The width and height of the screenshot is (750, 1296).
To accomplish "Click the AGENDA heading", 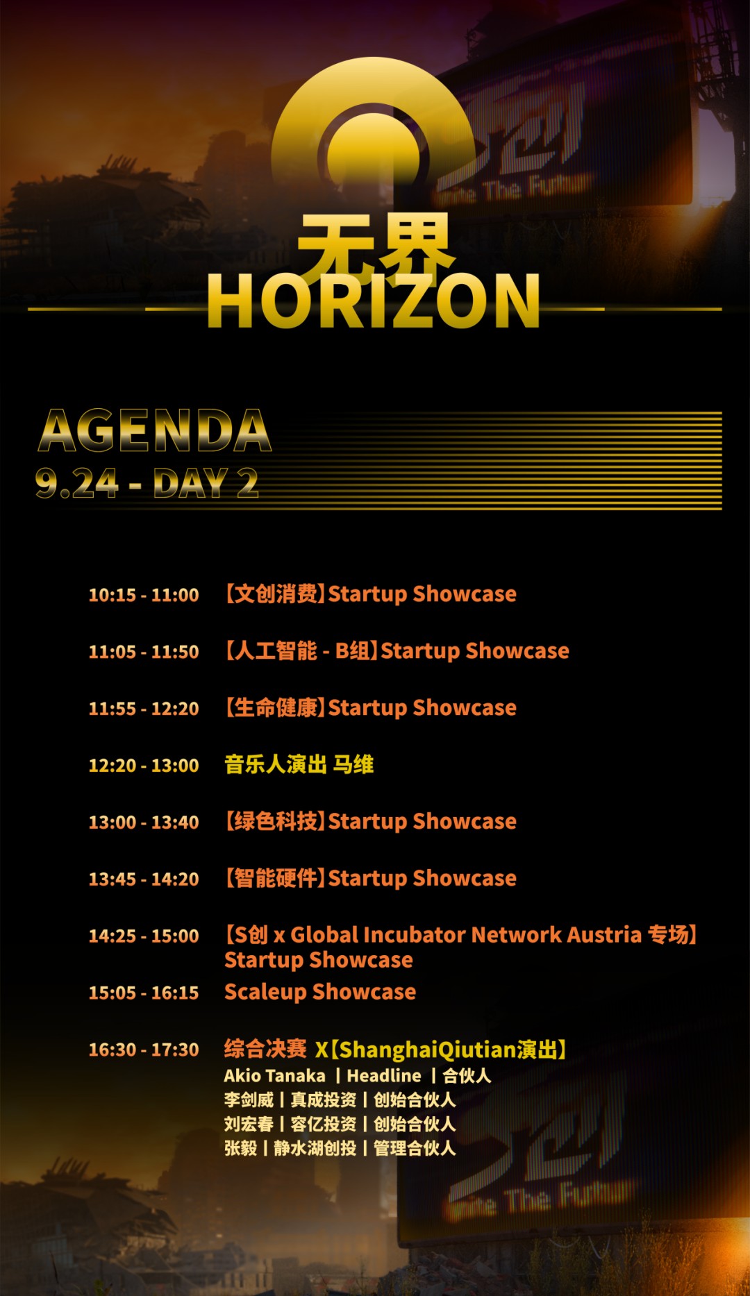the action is click(x=155, y=430).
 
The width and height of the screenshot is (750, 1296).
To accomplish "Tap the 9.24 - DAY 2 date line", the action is click(x=147, y=483).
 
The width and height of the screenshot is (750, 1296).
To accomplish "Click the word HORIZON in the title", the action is click(x=374, y=301).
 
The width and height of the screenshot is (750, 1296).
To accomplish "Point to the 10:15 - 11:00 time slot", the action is click(x=144, y=595).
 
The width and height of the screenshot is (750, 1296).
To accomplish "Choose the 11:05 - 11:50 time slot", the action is click(x=144, y=652).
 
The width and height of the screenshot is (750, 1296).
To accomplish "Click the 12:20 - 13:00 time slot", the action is click(x=144, y=766).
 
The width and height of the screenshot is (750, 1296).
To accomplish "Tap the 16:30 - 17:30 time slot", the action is click(x=144, y=1050).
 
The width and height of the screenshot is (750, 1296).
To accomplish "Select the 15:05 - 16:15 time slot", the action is click(x=144, y=993).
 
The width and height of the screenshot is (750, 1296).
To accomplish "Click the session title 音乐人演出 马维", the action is click(x=299, y=764).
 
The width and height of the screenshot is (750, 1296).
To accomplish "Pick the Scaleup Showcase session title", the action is click(x=320, y=992).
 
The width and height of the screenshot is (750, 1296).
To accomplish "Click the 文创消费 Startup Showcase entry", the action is click(x=370, y=594).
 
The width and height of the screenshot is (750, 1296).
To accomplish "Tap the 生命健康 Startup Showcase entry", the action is click(x=370, y=708).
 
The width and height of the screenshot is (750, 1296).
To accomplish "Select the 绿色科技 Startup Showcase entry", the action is click(x=370, y=822).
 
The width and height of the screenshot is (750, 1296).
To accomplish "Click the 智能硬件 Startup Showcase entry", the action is click(x=370, y=879).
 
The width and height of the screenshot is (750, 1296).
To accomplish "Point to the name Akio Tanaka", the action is click(x=274, y=1076).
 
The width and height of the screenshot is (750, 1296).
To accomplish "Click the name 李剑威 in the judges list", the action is click(x=249, y=1100).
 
